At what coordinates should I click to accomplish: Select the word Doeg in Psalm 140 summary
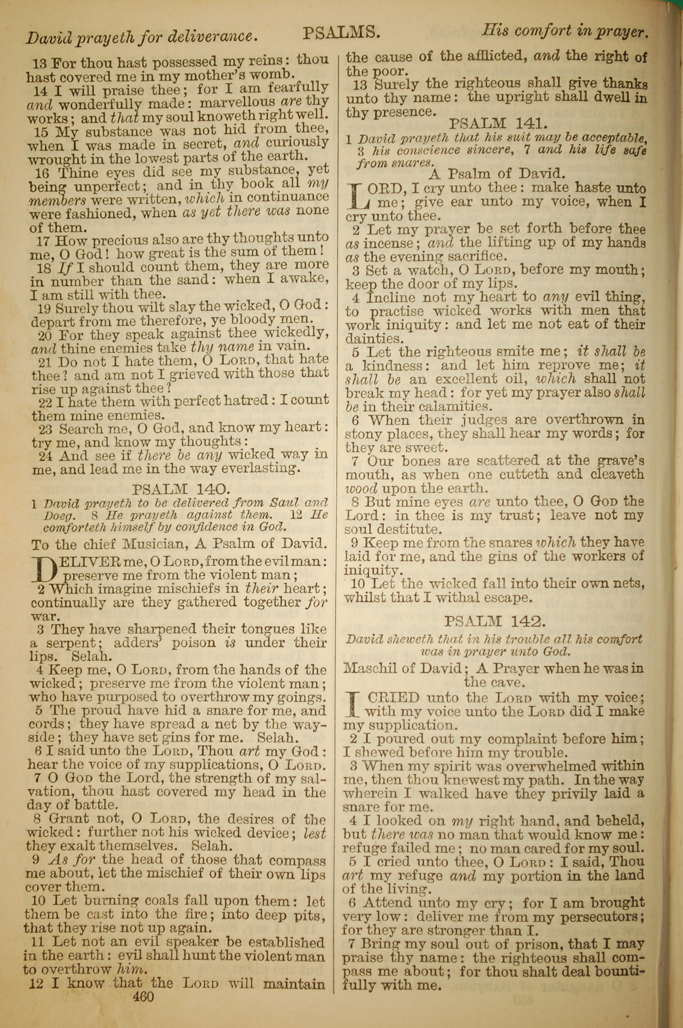pyautogui.click(x=59, y=515)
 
